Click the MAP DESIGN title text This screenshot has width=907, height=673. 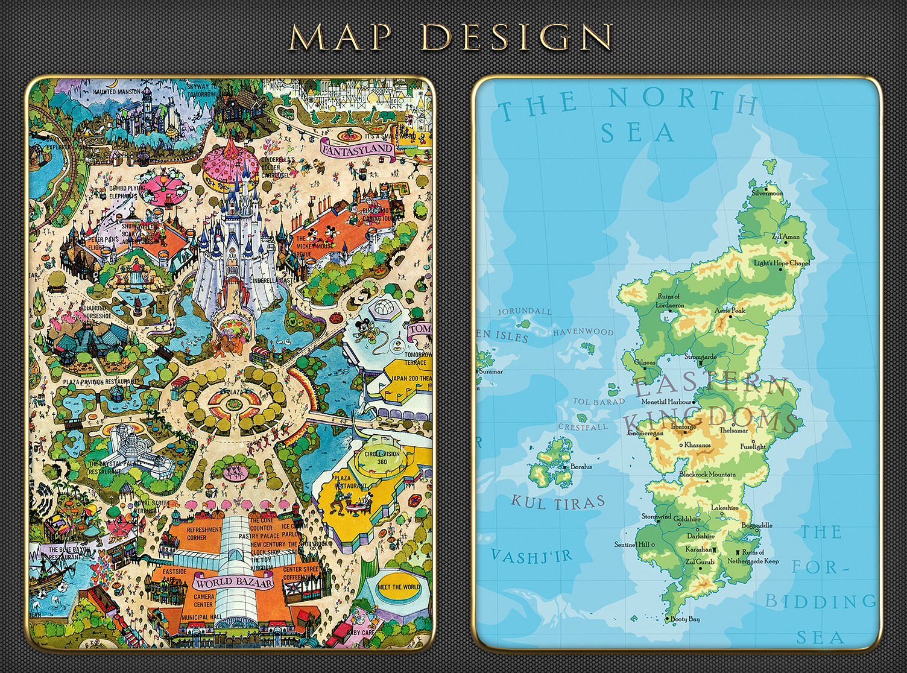pyautogui.click(x=451, y=37)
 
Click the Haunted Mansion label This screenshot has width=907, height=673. pyautogui.click(x=116, y=92)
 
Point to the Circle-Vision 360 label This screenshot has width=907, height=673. pyautogui.click(x=382, y=458)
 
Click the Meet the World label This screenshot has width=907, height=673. pyautogui.click(x=399, y=587)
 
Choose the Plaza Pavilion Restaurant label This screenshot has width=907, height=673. pyautogui.click(x=100, y=382)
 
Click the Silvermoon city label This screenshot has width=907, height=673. pyautogui.click(x=767, y=194)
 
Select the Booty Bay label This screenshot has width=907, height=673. pyautogui.click(x=685, y=619)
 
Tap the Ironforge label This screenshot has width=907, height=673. pyautogui.click(x=683, y=426)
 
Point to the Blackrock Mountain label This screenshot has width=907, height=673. pyautogui.click(x=707, y=475)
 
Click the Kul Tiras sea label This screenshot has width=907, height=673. pyautogui.click(x=558, y=502)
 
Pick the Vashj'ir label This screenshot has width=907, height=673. pyautogui.click(x=531, y=555)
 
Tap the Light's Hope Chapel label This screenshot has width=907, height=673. pyautogui.click(x=782, y=263)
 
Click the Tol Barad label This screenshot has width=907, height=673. pyautogui.click(x=599, y=402)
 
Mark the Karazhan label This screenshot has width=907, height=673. pyautogui.click(x=698, y=549)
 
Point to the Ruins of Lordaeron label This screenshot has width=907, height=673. pyautogui.click(x=669, y=300)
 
